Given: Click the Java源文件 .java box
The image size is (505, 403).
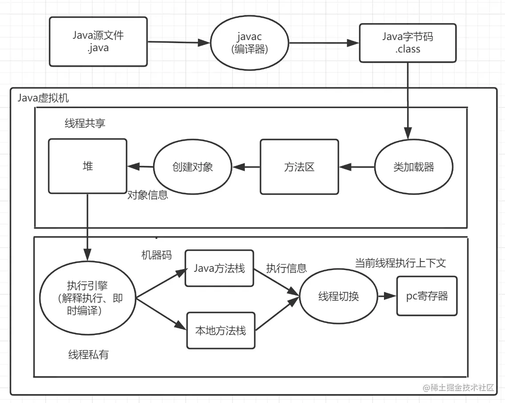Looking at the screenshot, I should (x=98, y=42).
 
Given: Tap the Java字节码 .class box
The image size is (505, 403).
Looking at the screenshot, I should (x=408, y=43).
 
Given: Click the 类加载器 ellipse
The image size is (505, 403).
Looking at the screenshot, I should (x=414, y=167).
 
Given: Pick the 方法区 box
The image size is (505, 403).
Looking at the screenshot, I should (x=299, y=167).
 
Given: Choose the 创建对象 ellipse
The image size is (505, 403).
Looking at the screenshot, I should (x=193, y=167).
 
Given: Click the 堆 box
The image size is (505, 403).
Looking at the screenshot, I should (x=87, y=166).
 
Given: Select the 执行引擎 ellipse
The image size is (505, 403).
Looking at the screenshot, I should (x=88, y=298).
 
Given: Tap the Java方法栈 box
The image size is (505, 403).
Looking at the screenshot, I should (x=219, y=268).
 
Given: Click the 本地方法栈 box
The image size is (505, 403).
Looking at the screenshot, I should (x=220, y=330).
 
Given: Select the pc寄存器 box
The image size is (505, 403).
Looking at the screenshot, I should (x=427, y=296).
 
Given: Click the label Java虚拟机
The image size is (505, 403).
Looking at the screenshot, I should (x=43, y=98).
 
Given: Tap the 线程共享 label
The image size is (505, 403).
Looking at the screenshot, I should (x=85, y=124).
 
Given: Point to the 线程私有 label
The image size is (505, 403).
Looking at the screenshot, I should (x=88, y=355).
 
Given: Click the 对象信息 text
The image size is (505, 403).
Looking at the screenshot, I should (x=148, y=195).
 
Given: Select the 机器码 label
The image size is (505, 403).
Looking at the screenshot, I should (x=157, y=255).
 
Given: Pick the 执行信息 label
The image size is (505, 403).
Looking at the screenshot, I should (x=286, y=268).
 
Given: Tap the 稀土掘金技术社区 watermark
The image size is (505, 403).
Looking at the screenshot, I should (x=458, y=387).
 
